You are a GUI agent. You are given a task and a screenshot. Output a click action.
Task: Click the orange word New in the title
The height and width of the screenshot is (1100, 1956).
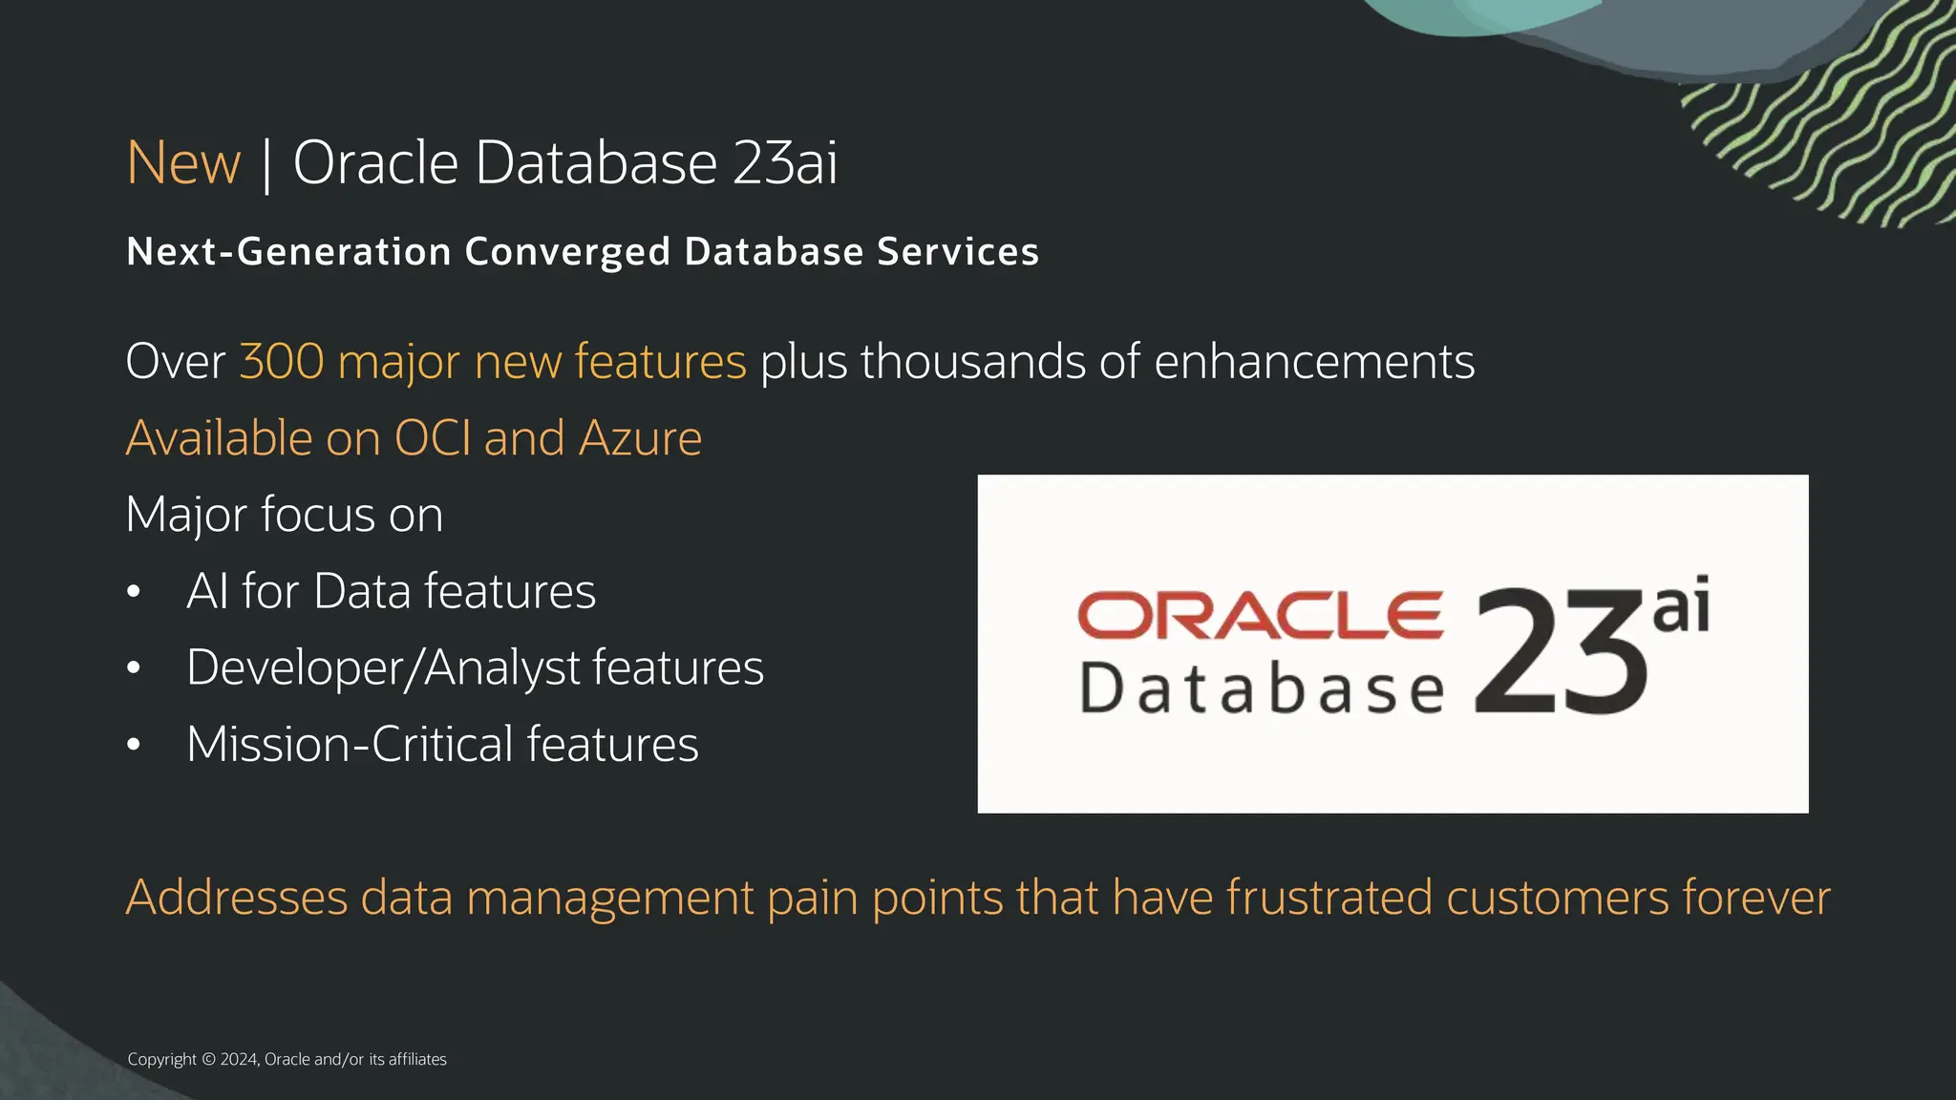(x=183, y=162)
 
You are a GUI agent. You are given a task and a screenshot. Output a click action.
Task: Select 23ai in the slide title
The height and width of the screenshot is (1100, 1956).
(x=785, y=162)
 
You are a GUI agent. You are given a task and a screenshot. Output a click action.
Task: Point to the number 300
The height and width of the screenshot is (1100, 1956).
(x=282, y=362)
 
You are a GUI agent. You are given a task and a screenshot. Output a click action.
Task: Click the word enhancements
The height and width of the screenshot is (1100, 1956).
(x=1314, y=362)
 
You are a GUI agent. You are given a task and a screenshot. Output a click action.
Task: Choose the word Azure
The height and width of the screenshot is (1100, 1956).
(x=640, y=438)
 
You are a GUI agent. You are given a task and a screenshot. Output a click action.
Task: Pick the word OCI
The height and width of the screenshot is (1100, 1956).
(x=433, y=438)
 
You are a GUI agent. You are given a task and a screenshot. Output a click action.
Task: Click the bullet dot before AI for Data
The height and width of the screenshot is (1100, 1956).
(x=134, y=592)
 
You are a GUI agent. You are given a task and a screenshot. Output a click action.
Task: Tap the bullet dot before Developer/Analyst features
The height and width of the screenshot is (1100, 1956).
(x=134, y=668)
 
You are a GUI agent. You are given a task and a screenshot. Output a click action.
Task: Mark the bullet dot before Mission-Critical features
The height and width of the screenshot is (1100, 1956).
(x=134, y=745)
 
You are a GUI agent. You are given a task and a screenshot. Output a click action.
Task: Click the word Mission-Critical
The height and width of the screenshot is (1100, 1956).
(x=351, y=745)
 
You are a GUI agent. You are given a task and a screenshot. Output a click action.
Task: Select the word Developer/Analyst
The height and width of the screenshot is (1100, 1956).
(x=383, y=668)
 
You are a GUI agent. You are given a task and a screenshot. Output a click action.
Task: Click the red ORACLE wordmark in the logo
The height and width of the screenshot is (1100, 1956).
(x=1260, y=615)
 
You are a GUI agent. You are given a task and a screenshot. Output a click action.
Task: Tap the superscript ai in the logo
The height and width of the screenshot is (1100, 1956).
(x=1681, y=605)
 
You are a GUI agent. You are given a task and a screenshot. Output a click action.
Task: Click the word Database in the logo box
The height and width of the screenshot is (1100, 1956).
(x=1262, y=688)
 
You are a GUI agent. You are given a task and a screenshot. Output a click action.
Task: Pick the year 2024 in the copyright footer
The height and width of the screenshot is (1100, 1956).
(x=238, y=1059)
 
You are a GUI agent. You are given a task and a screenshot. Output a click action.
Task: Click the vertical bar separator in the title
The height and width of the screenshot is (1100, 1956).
(x=266, y=164)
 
